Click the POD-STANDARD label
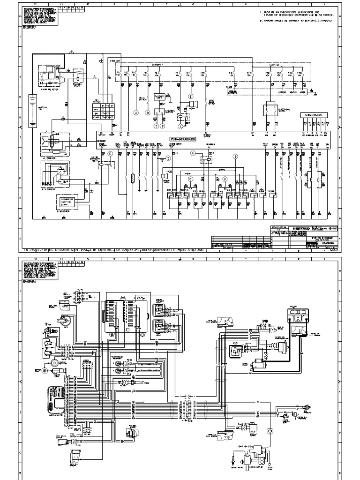point(183,139)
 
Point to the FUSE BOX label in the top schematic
point(115,61)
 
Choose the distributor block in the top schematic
point(55,174)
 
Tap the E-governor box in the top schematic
point(68,201)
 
